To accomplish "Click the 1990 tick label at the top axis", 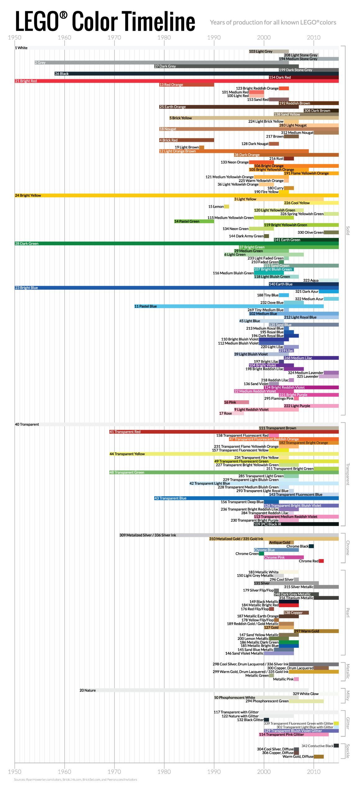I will pos(214,38).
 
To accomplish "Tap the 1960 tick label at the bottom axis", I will pos(64,771).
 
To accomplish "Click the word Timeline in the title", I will pos(159,21).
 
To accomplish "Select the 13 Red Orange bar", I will pos(186,84).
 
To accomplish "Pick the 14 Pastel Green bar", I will pos(194,221).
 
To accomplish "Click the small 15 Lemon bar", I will pos(226,207).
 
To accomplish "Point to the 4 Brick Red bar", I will pos(186,140).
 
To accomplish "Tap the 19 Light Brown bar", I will pos(202,147).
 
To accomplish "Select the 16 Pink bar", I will pos(236,402).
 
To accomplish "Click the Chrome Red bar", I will pos(321,561).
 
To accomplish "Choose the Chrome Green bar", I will pos(261,553).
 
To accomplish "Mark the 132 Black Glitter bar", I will pos(266,720).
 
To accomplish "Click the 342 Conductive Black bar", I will pos(336,746).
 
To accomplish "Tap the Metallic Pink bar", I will pos(296,679).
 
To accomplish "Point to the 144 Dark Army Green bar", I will pos(266,236).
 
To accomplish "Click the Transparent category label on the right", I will pos(348,474).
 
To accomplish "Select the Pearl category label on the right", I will pos(348,612).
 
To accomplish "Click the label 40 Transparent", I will pos(27,424).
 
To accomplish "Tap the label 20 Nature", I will pos(88,690).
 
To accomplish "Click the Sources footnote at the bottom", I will pos(75,779).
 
